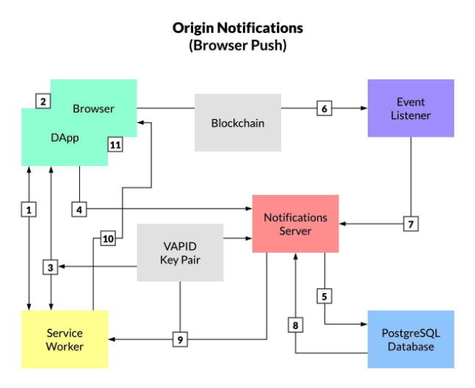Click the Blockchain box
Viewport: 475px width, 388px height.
point(237,123)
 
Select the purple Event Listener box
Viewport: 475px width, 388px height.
point(410,109)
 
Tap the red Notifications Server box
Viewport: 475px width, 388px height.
point(295,224)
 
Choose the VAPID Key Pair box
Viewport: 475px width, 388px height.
point(180,253)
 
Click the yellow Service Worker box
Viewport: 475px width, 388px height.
point(65,339)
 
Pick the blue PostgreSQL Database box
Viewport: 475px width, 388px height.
point(410,339)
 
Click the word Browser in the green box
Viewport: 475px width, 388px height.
point(93,109)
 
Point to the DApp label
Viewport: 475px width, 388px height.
point(65,137)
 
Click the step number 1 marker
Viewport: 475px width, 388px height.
point(29,210)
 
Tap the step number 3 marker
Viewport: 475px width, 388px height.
point(50,267)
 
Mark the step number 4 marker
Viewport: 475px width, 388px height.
point(79,210)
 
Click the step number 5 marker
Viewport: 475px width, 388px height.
point(324,296)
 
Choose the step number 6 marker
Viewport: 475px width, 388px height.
point(324,109)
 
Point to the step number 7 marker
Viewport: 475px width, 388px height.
point(410,224)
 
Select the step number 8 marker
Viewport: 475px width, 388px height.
point(295,325)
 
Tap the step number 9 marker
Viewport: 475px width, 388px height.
point(180,339)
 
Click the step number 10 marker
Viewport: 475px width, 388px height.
point(108,239)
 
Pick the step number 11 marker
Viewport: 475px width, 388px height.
point(115,145)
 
